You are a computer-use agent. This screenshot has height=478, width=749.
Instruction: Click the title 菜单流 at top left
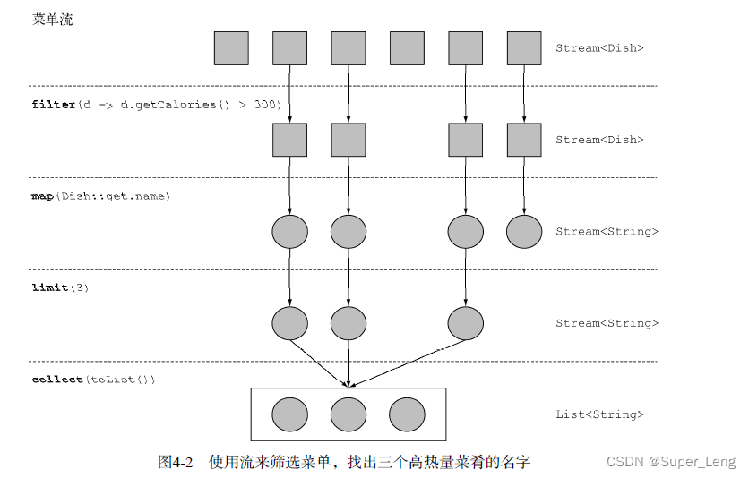point(53,19)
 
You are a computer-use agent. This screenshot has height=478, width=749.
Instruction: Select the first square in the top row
point(231,48)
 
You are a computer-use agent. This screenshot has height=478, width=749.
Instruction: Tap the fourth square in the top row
point(407,48)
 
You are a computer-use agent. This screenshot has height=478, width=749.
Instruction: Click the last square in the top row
point(524,48)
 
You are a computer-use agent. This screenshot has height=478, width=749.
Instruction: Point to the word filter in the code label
point(54,105)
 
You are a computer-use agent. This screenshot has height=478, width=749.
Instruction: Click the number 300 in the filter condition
point(266,105)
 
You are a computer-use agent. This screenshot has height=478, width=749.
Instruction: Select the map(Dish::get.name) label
point(100,196)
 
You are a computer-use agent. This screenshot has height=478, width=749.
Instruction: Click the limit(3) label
point(60,287)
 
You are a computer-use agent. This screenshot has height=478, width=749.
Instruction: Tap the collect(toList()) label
point(93,380)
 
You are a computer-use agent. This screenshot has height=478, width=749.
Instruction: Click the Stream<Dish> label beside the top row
point(599,48)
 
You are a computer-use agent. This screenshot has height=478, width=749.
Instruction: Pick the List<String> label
point(599,414)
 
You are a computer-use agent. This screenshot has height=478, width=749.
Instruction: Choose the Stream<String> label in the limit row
point(607,323)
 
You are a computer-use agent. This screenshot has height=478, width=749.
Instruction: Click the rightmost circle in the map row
point(524,232)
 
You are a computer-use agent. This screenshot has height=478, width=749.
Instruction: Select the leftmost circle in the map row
point(289,232)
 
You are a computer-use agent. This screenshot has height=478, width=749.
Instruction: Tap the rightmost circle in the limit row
point(465,323)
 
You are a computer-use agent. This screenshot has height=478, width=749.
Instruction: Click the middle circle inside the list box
point(349,414)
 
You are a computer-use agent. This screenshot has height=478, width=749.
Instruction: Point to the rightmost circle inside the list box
point(407,414)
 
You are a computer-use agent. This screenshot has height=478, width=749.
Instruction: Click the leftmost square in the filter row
point(289,140)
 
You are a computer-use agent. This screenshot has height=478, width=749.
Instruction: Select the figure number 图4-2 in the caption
point(176,462)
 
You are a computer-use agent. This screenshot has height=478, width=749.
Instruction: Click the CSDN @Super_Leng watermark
point(670,462)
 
